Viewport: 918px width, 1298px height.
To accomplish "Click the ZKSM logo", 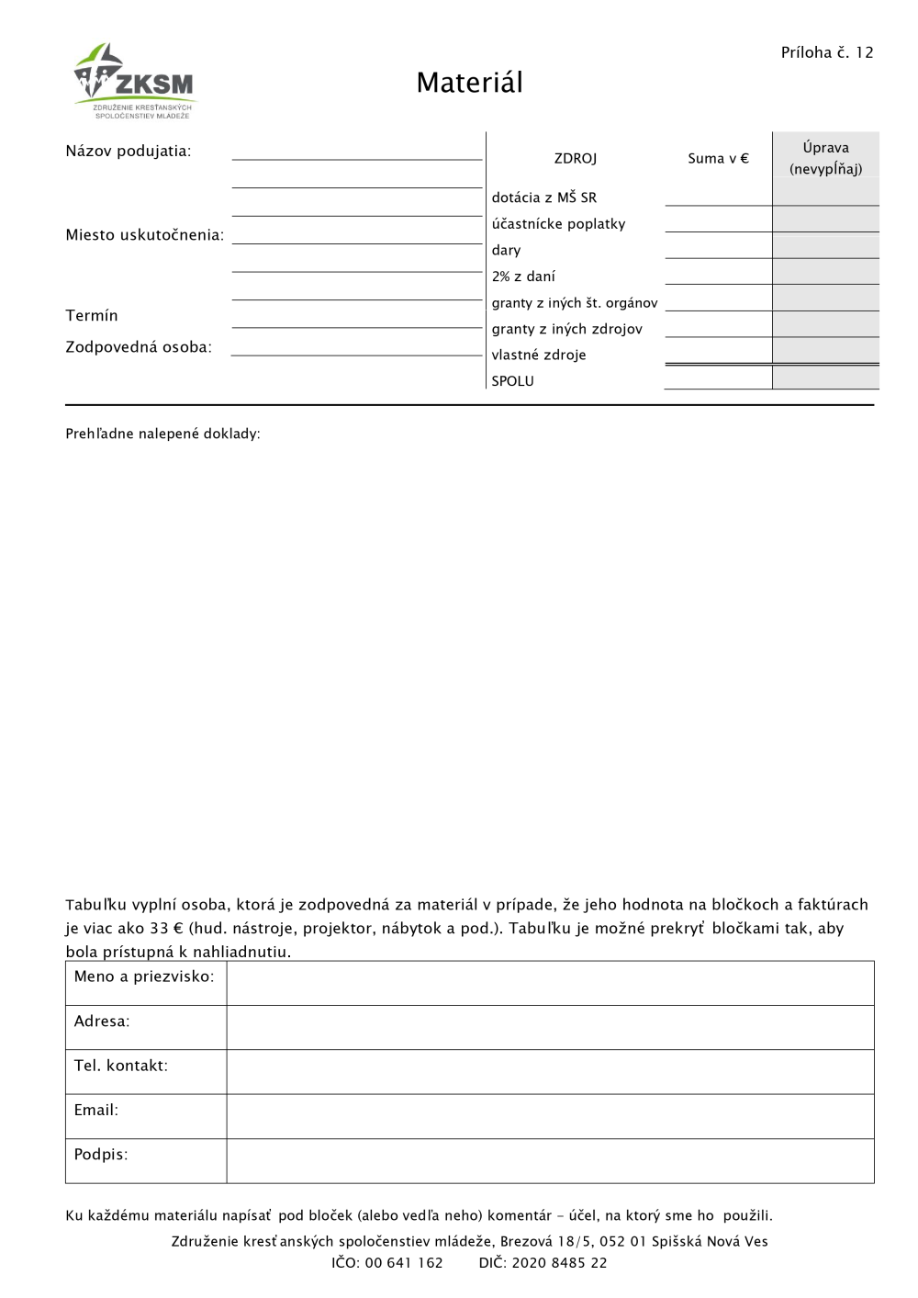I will click(x=135, y=81).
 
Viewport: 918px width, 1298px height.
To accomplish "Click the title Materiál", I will click(x=469, y=83).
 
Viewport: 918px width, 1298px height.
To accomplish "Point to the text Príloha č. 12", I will click(x=826, y=52).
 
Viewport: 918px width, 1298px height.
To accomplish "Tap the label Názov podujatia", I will click(x=129, y=151).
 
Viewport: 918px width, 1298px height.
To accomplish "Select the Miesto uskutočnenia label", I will click(x=144, y=235).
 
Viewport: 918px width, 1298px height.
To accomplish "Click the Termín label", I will click(x=92, y=316).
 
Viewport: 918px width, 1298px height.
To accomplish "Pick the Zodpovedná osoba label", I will click(x=139, y=347).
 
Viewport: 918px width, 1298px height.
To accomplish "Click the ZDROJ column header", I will click(x=576, y=159).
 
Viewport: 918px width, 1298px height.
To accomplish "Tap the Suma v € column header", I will click(x=718, y=159).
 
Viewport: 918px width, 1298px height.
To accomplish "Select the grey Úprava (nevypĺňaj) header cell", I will click(x=825, y=157).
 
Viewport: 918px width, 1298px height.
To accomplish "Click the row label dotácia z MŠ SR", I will click(x=544, y=198).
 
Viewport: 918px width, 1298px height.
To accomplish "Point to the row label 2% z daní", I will click(x=523, y=277).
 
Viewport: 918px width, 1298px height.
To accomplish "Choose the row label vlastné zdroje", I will click(x=539, y=356).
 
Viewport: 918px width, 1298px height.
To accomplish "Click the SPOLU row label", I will click(x=512, y=381).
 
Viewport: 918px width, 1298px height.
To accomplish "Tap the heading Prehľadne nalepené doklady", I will click(x=162, y=434).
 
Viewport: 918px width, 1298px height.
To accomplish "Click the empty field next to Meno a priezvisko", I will click(x=550, y=983).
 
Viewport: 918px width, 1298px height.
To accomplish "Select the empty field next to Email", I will click(x=550, y=1116).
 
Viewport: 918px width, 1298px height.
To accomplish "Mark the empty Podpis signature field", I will click(x=550, y=1161).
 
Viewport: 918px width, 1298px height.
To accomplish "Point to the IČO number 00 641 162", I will click(x=404, y=1263).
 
